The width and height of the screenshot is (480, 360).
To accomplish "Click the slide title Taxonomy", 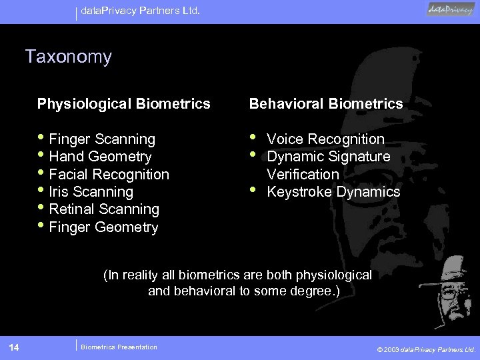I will click(x=68, y=57).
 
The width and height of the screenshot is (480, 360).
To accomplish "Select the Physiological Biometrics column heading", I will click(x=123, y=103).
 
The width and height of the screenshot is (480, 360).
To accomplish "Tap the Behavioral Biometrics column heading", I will click(x=326, y=103).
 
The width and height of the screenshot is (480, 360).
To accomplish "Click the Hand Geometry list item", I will click(x=100, y=157).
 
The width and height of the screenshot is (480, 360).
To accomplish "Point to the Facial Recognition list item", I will click(x=109, y=175).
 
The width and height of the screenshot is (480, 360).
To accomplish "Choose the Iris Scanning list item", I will click(x=91, y=192).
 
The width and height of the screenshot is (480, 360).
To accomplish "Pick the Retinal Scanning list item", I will click(x=104, y=209).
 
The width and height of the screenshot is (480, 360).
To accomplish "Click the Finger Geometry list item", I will click(x=103, y=227).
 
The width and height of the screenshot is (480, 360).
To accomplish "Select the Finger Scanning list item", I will click(x=102, y=139).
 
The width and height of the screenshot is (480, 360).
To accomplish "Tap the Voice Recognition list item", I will click(x=325, y=139).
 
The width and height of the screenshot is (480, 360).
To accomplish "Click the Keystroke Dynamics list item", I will click(x=333, y=192).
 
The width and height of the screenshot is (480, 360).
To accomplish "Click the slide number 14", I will click(x=14, y=347).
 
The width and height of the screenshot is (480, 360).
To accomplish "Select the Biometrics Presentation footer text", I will click(x=119, y=347).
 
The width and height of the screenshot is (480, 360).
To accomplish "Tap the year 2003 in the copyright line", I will click(x=391, y=349).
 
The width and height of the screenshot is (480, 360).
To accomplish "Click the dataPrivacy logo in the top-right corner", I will click(x=451, y=9).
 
